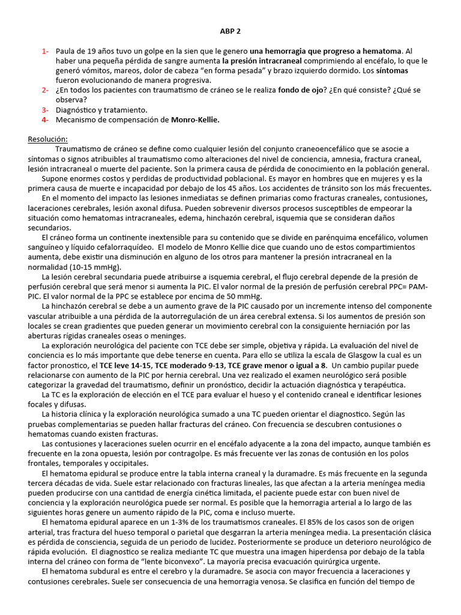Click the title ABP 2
click(x=230, y=31)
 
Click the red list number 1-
click(x=46, y=51)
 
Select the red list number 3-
click(x=46, y=110)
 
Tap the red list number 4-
click(x=46, y=120)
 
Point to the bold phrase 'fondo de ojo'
click(x=301, y=90)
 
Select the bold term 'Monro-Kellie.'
click(x=195, y=120)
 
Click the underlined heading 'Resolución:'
click(x=48, y=139)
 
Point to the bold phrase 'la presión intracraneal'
click(x=262, y=61)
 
